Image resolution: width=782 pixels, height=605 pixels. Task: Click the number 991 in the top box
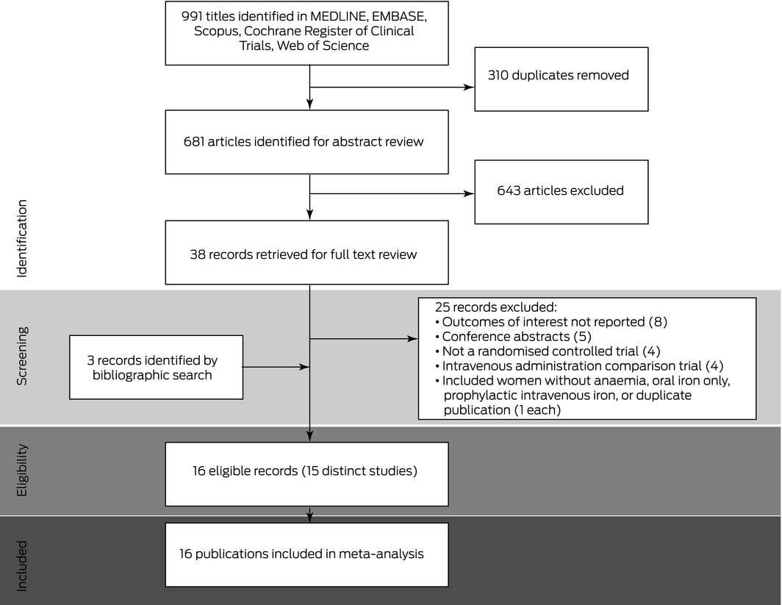pos(192,16)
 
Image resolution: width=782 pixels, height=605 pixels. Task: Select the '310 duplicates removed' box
pos(561,79)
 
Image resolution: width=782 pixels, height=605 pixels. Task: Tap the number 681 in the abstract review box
pos(193,142)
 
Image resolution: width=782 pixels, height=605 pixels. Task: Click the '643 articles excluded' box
pos(561,192)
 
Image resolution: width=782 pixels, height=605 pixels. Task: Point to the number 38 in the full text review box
pos(197,254)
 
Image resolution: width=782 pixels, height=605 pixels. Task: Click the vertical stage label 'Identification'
pos(21,238)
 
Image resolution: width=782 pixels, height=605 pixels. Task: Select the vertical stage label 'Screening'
pos(21,356)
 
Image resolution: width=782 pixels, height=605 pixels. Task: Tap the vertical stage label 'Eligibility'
pos(21,470)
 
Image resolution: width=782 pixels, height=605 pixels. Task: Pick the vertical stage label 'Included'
pos(21,566)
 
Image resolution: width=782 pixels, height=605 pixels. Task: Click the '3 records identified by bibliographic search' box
pos(156,367)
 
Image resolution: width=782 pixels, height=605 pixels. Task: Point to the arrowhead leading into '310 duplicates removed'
pos(469,87)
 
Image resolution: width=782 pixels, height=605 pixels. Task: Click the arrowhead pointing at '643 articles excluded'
pos(469,193)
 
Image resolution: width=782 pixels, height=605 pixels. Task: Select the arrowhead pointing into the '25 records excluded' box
pos(412,339)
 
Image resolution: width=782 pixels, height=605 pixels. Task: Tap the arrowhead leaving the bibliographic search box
pos(304,367)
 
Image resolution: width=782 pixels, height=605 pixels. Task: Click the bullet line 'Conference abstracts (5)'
pos(513,337)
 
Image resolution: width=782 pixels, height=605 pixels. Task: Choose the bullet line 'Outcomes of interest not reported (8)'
pos(551,322)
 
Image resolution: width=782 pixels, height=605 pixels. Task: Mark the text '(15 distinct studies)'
pos(359,470)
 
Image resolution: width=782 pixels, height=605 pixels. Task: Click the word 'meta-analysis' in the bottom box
pos(381,554)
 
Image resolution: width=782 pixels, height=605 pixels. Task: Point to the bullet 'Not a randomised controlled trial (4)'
pos(548,351)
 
